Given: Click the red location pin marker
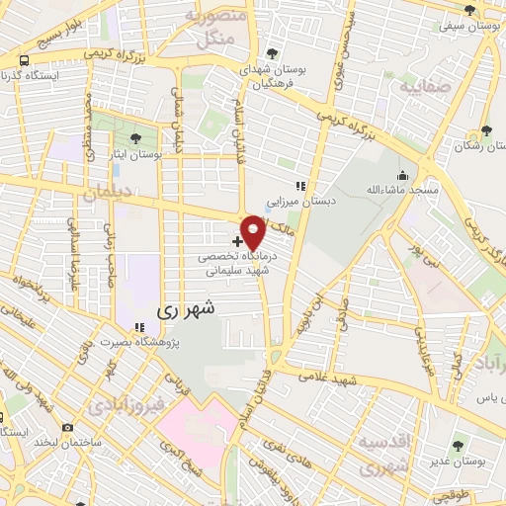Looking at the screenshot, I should pos(253,232).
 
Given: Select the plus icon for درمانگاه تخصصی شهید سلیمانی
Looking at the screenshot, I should pos(237,240).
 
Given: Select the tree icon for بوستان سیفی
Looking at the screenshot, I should pos(470,11).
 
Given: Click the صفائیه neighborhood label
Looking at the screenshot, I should pos(426,87).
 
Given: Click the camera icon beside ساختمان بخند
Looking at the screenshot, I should pos(67,427).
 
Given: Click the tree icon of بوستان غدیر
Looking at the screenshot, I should pos(457,447).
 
